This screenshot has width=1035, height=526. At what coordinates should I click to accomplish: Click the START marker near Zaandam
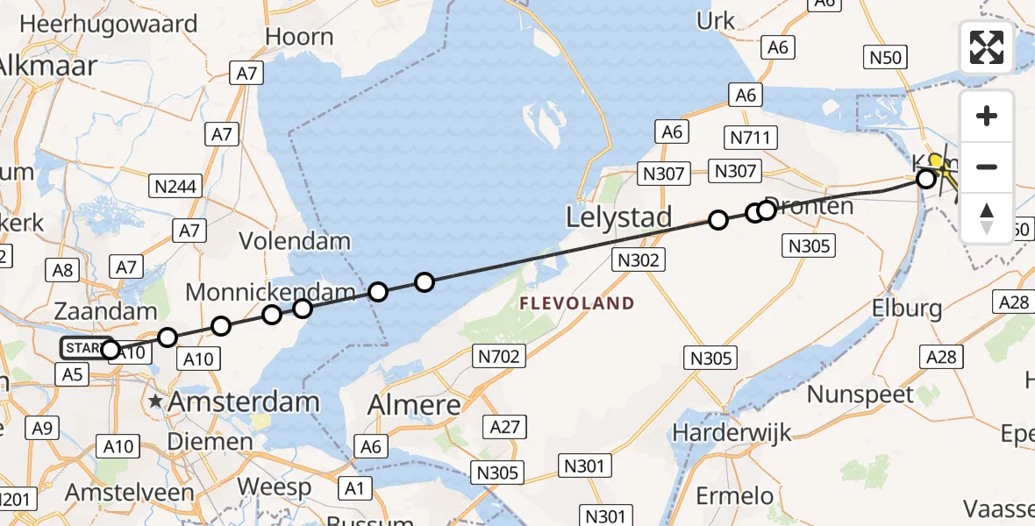(x=86, y=348)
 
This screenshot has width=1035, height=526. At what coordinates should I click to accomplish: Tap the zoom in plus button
(x=987, y=117)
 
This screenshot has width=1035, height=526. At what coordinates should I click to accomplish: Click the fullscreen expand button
(x=987, y=47)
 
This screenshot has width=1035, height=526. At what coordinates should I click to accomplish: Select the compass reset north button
(x=987, y=217)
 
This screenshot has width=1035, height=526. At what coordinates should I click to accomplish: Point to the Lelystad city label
(x=619, y=217)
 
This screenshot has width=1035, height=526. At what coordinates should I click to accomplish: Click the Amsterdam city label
(x=243, y=402)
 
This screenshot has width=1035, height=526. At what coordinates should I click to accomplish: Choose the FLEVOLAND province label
(x=576, y=303)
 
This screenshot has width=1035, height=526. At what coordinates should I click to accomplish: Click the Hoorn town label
(x=300, y=37)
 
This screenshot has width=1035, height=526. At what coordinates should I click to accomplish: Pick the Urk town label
(x=716, y=20)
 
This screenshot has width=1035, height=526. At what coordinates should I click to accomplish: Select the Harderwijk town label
(x=732, y=432)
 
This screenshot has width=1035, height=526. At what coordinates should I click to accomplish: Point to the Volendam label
(x=295, y=241)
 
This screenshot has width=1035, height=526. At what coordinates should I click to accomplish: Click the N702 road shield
(x=499, y=355)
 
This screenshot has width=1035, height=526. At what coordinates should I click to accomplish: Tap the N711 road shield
(x=748, y=137)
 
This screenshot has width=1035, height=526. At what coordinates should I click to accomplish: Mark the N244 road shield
(x=177, y=186)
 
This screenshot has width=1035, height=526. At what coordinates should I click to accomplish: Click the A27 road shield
(x=505, y=427)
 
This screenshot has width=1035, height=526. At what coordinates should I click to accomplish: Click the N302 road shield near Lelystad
(x=639, y=259)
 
